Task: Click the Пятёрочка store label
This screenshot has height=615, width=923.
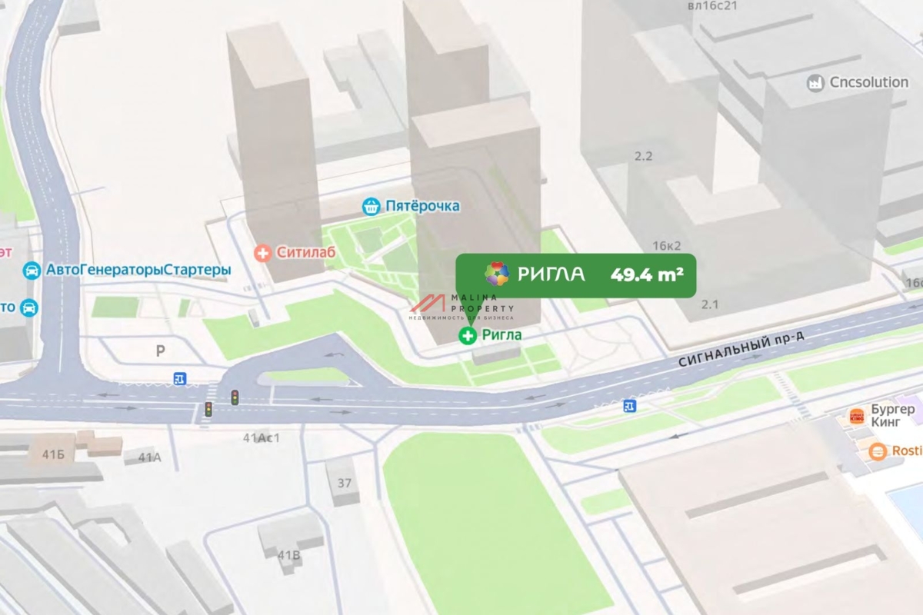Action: [422, 206]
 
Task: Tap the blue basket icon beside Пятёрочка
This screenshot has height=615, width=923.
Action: [372, 206]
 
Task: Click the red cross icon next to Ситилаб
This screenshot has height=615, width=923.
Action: [263, 252]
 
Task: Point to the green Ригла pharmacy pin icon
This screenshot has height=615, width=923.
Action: [467, 335]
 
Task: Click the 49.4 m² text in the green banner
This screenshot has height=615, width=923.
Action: [647, 274]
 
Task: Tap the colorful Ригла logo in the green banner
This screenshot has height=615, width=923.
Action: [497, 274]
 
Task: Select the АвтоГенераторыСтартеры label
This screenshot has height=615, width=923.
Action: [138, 271]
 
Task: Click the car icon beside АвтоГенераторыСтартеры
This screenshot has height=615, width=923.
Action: [32, 271]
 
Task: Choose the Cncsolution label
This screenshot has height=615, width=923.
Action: [868, 82]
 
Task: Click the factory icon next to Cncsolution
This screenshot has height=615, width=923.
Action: [815, 83]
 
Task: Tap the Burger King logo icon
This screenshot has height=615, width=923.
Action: [856, 417]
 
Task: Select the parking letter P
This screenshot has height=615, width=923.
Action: [161, 351]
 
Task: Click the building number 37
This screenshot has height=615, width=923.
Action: [344, 483]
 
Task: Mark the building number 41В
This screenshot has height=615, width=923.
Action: [289, 554]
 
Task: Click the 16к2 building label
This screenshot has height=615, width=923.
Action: [667, 246]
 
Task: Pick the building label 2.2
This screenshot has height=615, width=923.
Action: [643, 156]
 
